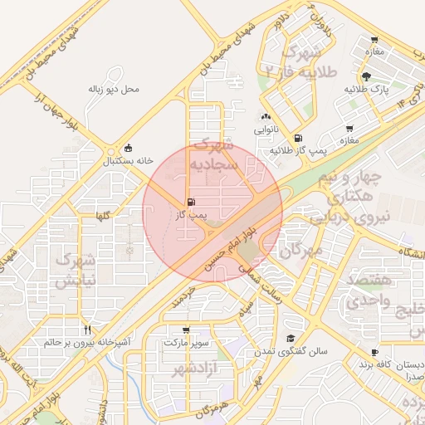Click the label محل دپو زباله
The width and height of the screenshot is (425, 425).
(x=115, y=88)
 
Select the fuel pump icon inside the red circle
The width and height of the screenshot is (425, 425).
(x=192, y=202)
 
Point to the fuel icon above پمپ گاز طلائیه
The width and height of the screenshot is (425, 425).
(x=298, y=139)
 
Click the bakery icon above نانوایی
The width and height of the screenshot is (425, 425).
(x=266, y=117)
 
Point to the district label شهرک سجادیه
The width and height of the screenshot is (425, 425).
(x=214, y=154)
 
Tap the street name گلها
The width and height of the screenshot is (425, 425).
(x=103, y=216)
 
